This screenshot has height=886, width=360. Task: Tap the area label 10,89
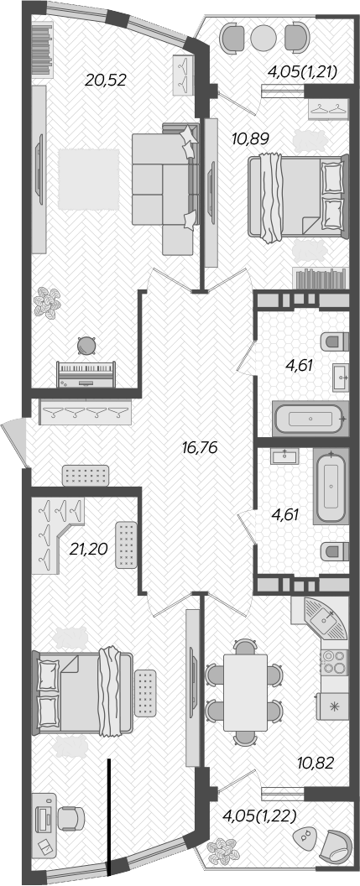251,138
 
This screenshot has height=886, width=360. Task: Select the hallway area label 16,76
199,447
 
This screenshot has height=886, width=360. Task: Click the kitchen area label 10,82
316,763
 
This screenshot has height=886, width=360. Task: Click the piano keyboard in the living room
85,371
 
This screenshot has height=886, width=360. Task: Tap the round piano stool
86,343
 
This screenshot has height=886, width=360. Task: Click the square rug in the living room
88,179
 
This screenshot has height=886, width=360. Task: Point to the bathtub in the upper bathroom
309,417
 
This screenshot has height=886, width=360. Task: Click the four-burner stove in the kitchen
335,662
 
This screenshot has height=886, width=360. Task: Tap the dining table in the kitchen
245,690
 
